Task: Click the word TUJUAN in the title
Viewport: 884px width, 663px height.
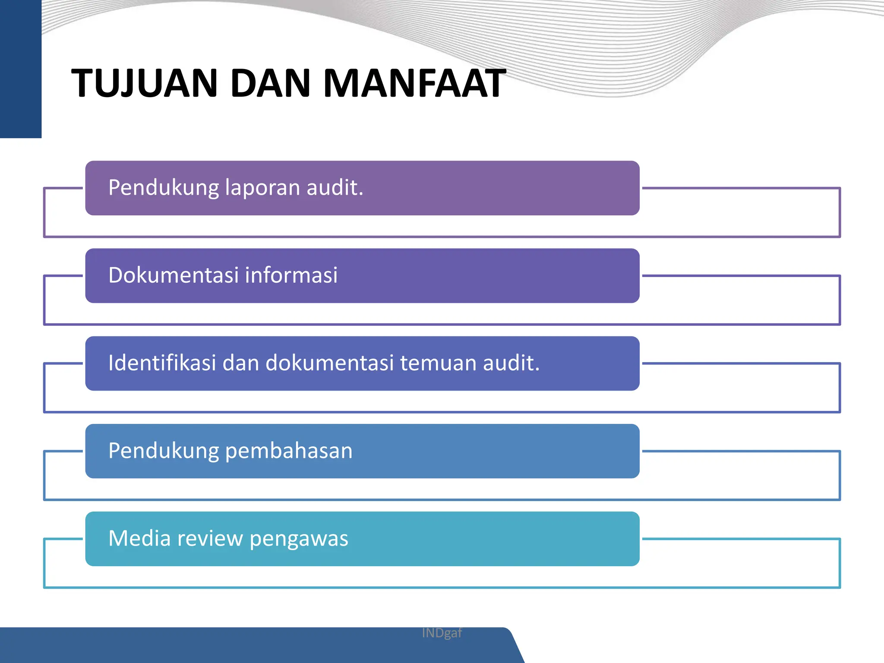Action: tap(144, 83)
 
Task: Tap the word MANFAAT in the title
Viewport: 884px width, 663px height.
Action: tap(414, 83)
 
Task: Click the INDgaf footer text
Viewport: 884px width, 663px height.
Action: tap(442, 633)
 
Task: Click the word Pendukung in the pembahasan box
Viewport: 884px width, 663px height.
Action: tap(164, 451)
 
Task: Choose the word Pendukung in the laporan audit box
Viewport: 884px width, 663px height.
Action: tap(164, 188)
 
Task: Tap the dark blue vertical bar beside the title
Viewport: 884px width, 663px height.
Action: tap(20, 69)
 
